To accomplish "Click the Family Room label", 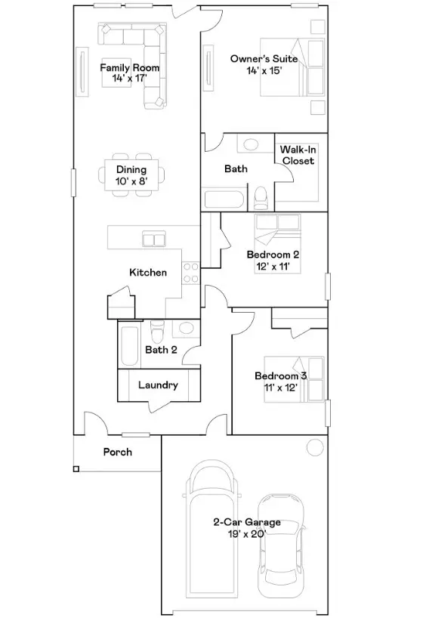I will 130,73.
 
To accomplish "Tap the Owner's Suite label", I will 264,64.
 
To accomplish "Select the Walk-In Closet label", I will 298,156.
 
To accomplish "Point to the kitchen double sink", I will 155,239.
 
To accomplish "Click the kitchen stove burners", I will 190,273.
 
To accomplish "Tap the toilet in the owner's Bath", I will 261,198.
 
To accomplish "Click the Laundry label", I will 158,385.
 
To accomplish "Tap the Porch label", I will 117,452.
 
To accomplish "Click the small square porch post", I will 76,469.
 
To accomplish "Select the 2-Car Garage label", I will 246,527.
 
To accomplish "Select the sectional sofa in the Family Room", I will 143,53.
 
